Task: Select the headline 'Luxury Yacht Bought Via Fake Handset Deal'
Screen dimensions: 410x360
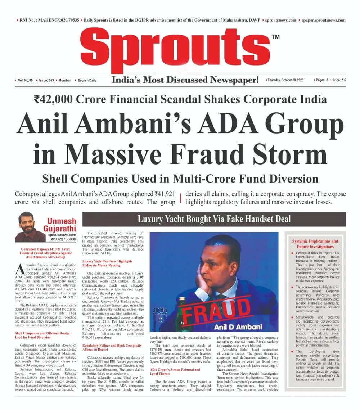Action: [x=214, y=219]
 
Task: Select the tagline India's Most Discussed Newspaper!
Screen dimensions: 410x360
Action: [x=185, y=80]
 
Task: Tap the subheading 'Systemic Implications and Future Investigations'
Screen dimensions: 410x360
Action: [x=315, y=244]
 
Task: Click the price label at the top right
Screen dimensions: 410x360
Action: [x=339, y=80]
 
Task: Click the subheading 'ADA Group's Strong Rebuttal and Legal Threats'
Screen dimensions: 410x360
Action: [x=175, y=372]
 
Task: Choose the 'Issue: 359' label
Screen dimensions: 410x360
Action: [x=46, y=80]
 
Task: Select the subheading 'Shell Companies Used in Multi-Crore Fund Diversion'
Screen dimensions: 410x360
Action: [x=180, y=179]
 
